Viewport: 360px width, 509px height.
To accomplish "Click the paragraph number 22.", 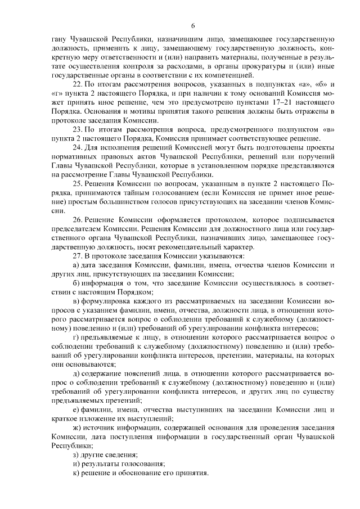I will (78, 84).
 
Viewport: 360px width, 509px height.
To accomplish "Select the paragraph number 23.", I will (78, 130).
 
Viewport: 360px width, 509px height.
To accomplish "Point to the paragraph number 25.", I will (78, 183).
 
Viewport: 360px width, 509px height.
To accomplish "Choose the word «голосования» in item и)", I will (143, 464).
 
